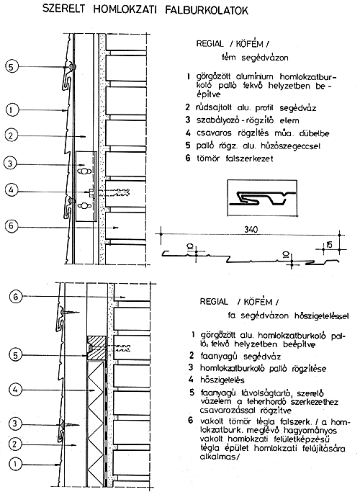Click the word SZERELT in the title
click(x=63, y=9)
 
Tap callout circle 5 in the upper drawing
click(x=12, y=67)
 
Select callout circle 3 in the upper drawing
click(x=10, y=164)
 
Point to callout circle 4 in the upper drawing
click(x=11, y=190)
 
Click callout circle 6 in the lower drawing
click(x=16, y=296)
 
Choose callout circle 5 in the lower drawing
click(x=16, y=355)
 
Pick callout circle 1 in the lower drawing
click(x=15, y=464)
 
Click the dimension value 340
click(x=251, y=229)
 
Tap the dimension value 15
click(x=328, y=244)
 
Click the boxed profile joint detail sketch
click(x=262, y=197)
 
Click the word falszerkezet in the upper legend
click(x=249, y=158)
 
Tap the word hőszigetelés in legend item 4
click(x=222, y=380)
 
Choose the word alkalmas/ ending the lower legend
click(x=220, y=457)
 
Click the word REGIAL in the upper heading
click(x=210, y=44)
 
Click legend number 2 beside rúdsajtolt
click(x=187, y=107)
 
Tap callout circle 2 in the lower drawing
click(x=15, y=444)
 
